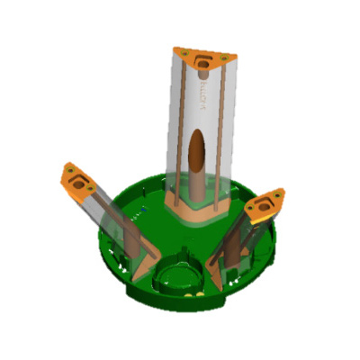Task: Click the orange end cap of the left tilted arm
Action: click(x=79, y=181)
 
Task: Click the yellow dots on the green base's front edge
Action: click(x=192, y=292)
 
